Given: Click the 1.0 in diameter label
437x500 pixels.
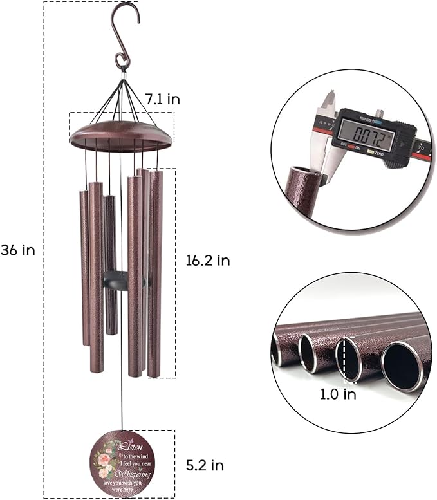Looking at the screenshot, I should coord(338,394).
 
